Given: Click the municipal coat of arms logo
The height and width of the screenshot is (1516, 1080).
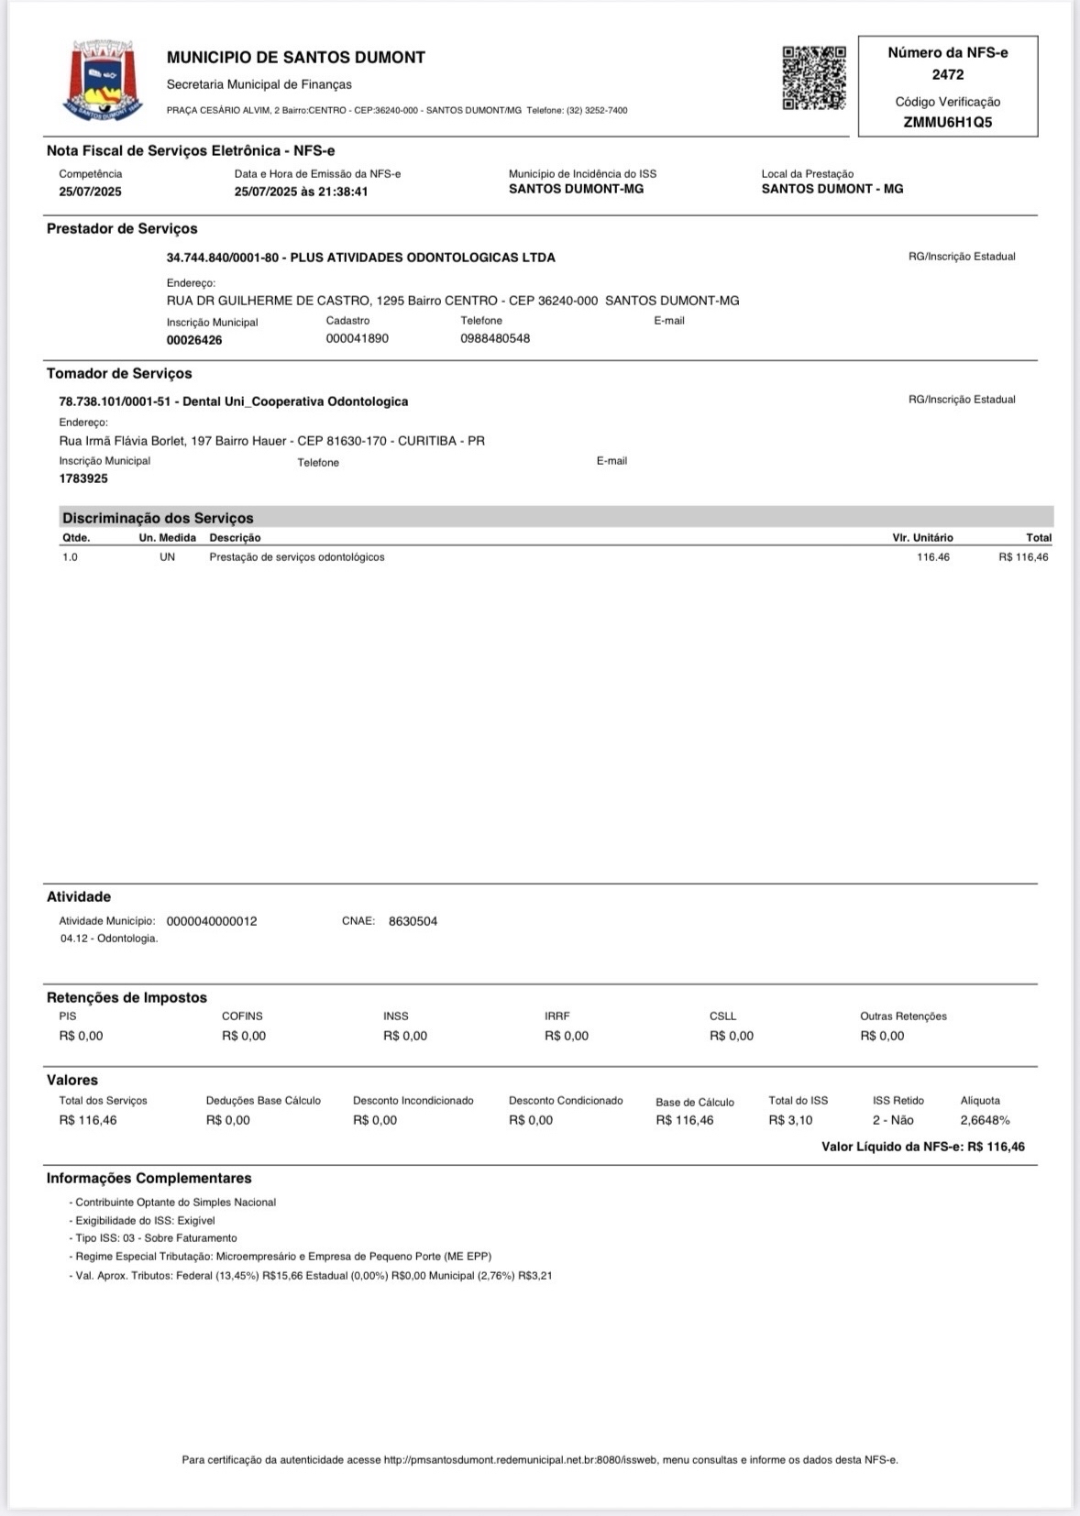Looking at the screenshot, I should click(103, 80).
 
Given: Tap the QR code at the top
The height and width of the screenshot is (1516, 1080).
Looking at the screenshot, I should click(813, 78).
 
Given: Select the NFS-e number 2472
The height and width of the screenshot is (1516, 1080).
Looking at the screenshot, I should click(947, 74).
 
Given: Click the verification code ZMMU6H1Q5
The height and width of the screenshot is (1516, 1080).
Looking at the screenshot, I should click(947, 122).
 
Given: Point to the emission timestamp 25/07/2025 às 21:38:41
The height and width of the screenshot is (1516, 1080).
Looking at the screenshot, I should click(301, 192).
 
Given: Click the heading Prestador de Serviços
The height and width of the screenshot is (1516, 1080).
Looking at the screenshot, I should click(122, 228).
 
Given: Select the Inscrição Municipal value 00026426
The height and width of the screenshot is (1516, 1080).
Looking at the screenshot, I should click(194, 340).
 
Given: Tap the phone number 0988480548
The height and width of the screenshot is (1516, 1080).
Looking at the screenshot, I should click(495, 338).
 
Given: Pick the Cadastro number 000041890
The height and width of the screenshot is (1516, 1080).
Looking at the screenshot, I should click(357, 338).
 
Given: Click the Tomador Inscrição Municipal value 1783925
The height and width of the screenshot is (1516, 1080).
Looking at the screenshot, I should click(83, 478).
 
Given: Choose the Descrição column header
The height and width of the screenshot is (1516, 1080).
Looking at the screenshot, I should click(235, 538).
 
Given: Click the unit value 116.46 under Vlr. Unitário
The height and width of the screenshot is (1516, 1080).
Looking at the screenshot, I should click(932, 557).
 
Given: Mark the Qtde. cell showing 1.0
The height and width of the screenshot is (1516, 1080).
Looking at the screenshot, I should click(70, 557).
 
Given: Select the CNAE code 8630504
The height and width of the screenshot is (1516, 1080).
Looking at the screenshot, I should click(413, 921).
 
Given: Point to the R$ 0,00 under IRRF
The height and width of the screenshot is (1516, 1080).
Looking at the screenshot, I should click(567, 1036).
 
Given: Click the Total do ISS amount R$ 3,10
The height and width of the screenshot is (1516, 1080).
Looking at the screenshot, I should click(790, 1120).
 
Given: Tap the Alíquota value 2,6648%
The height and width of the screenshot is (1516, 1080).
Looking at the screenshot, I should click(985, 1120).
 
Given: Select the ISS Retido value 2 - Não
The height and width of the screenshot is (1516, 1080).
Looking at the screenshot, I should click(893, 1120).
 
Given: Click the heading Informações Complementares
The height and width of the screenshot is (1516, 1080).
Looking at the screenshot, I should click(149, 1178).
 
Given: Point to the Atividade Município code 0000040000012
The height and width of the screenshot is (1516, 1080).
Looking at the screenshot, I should click(212, 921).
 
